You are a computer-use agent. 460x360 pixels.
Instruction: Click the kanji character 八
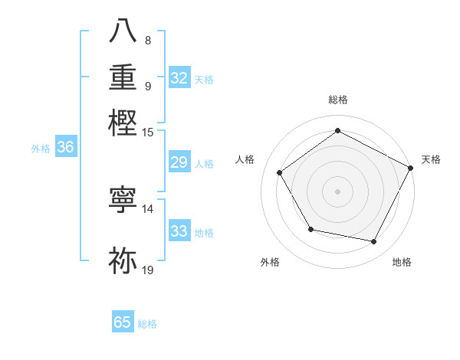[124, 31]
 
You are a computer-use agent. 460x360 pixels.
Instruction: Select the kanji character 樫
[124, 123]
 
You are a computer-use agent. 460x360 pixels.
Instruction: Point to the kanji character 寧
[124, 199]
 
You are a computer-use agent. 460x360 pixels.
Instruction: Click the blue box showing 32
[179, 78]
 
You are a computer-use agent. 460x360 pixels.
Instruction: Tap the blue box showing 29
[179, 162]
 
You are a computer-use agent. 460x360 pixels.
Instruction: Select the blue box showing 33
[179, 231]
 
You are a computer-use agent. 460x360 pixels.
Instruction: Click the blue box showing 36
[65, 148]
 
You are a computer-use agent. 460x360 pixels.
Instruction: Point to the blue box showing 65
[123, 322]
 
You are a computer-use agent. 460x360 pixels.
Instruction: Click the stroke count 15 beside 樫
[148, 132]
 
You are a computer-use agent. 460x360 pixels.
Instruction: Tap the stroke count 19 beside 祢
[148, 270]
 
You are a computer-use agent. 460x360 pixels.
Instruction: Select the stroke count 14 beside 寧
[148, 208]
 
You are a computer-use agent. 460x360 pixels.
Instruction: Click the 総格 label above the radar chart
[337, 100]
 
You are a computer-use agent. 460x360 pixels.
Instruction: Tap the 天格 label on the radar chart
[431, 159]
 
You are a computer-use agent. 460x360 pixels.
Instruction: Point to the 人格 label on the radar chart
[245, 159]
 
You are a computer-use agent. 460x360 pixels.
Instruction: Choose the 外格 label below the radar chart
[270, 263]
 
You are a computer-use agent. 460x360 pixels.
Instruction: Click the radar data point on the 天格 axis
[411, 167]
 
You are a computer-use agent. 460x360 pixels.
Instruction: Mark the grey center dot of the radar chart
[337, 191]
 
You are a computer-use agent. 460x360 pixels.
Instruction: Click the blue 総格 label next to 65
[147, 324]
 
